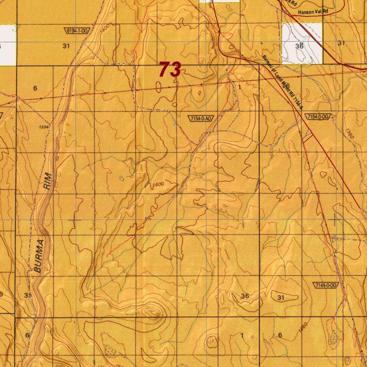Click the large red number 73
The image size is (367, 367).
(170, 69)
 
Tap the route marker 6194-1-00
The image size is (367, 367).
(77, 31)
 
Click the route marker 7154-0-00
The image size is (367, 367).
(318, 117)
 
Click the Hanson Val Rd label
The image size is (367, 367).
(313, 12)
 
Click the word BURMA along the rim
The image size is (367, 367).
(40, 257)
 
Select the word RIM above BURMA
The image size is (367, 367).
(47, 181)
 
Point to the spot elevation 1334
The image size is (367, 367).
(44, 127)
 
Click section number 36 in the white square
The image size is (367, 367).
(299, 46)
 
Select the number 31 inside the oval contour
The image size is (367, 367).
(281, 297)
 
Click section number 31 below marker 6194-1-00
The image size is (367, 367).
(66, 46)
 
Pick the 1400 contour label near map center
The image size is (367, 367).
(158, 185)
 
